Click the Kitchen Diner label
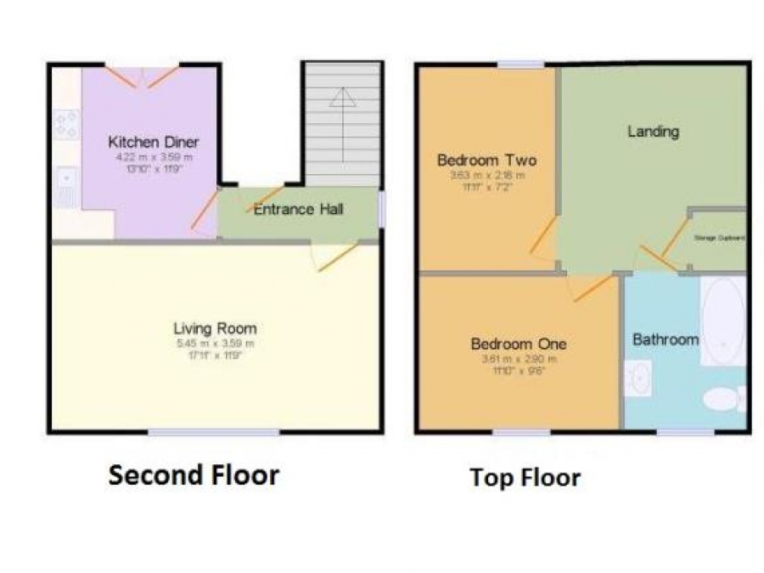[x=154, y=142]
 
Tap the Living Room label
[x=215, y=329]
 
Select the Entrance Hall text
[x=298, y=209]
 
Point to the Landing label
[x=653, y=131]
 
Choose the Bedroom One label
[x=518, y=344]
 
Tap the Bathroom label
[x=666, y=340]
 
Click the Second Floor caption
[x=194, y=475]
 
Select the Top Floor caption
[x=525, y=478]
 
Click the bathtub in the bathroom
[x=723, y=319]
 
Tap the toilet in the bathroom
[x=723, y=398]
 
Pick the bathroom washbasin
[x=638, y=378]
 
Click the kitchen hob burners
[x=66, y=124]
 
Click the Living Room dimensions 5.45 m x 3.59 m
[x=214, y=344]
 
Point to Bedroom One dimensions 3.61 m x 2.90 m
[x=517, y=359]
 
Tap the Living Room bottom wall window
[x=214, y=433]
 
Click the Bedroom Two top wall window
[x=520, y=65]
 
